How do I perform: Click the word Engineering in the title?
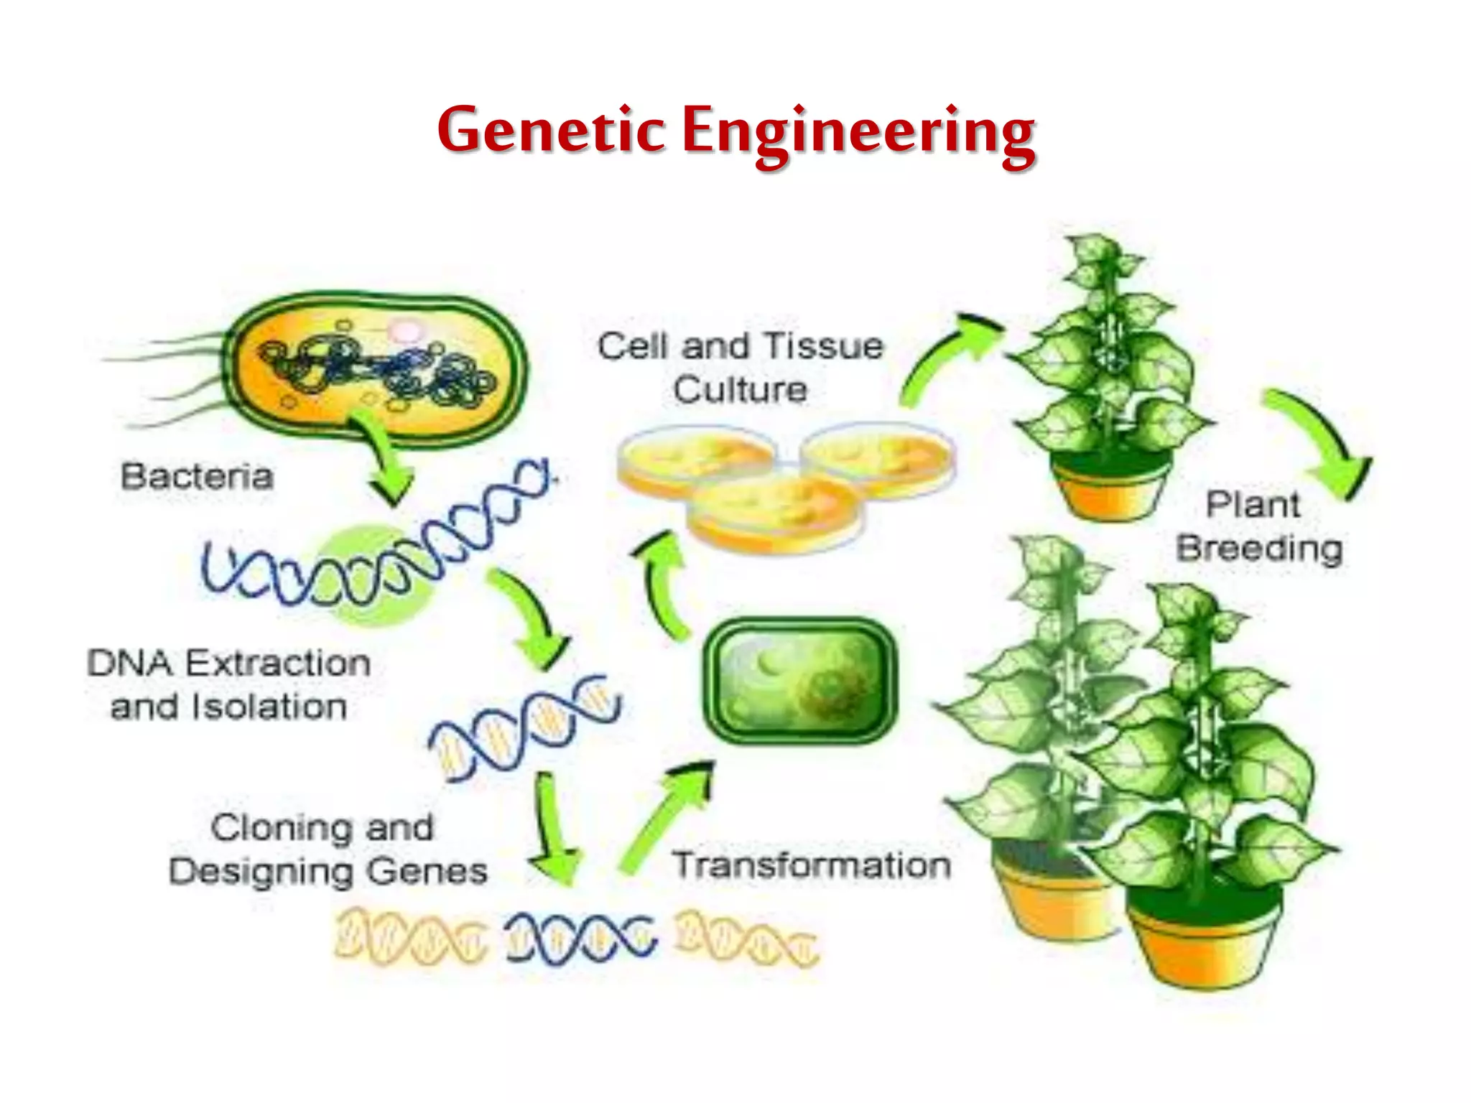click(x=858, y=134)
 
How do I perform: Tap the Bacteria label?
click(x=198, y=477)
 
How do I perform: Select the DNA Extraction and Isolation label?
click(x=229, y=685)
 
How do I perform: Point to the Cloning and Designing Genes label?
click(x=328, y=849)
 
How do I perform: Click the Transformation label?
click(x=812, y=865)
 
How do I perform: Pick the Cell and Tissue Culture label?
click(x=741, y=368)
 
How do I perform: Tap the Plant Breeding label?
click(x=1258, y=526)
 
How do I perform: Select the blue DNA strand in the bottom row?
click(x=580, y=937)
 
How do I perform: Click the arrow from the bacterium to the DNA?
click(x=384, y=460)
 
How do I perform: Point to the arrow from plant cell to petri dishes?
click(x=664, y=582)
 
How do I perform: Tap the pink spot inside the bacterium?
click(x=407, y=330)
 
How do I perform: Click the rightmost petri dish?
click(x=878, y=456)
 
